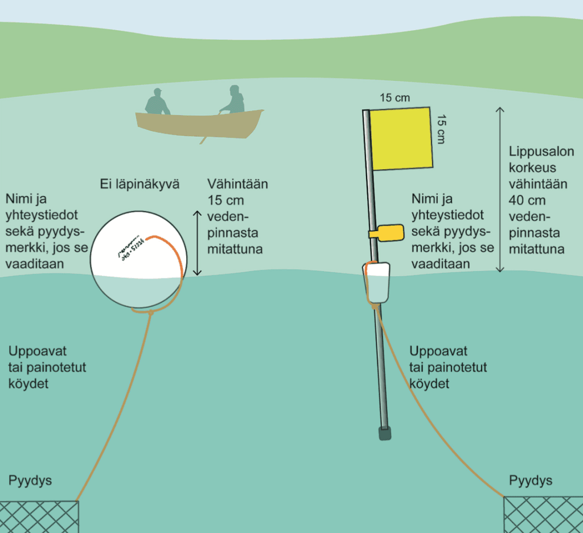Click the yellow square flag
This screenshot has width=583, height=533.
click(x=401, y=138)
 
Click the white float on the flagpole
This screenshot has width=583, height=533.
click(x=377, y=282)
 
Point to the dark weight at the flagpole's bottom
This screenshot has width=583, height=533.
click(x=385, y=433)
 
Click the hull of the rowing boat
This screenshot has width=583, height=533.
click(x=199, y=125)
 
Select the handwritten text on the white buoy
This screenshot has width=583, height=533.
click(x=130, y=249)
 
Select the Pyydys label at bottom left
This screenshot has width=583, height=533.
click(x=30, y=481)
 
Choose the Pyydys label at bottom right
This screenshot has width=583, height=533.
click(x=531, y=481)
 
